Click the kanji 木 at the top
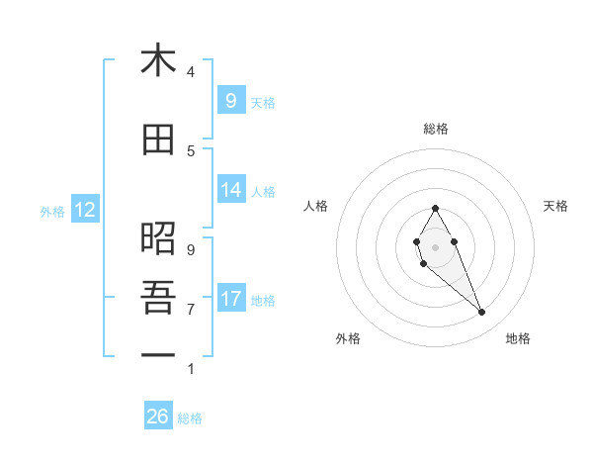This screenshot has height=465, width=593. pyautogui.click(x=158, y=61)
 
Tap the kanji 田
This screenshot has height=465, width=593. pyautogui.click(x=158, y=140)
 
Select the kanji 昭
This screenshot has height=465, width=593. pyautogui.click(x=158, y=238)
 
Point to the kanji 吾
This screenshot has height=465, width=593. pyautogui.click(x=158, y=296)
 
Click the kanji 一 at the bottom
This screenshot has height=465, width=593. pyautogui.click(x=158, y=354)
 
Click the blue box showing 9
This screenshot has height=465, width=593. pyautogui.click(x=230, y=100)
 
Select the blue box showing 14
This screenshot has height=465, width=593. pyautogui.click(x=230, y=190)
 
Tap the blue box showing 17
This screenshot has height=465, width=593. pyautogui.click(x=230, y=298)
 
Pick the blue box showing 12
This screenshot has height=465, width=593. pyautogui.click(x=84, y=210)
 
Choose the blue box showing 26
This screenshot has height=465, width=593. pyautogui.click(x=158, y=417)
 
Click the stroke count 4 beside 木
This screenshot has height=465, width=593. pyautogui.click(x=191, y=72)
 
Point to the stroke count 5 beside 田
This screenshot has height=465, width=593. pyautogui.click(x=191, y=150)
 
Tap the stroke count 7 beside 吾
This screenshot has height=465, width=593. pyautogui.click(x=191, y=309)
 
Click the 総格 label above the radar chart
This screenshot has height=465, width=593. pyautogui.click(x=436, y=129)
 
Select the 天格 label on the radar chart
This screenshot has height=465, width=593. pyautogui.click(x=555, y=206)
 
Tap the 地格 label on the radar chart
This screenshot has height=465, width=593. pyautogui.click(x=518, y=338)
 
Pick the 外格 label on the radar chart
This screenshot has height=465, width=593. pyautogui.click(x=348, y=338)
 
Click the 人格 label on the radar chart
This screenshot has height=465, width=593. pyautogui.click(x=316, y=206)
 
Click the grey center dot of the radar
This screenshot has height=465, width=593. pyautogui.click(x=436, y=246)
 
